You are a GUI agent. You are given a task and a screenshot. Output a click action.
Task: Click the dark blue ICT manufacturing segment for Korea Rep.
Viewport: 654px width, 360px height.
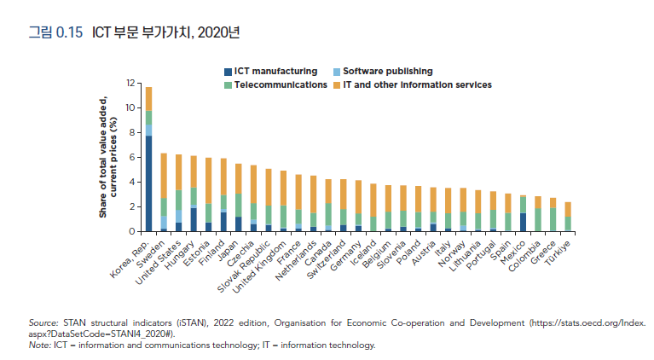148,183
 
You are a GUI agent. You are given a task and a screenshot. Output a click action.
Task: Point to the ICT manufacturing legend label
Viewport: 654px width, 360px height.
275,71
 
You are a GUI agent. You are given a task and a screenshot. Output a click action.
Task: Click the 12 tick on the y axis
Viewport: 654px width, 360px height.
130,83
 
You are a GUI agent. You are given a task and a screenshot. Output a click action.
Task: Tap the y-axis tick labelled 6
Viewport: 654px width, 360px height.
133,157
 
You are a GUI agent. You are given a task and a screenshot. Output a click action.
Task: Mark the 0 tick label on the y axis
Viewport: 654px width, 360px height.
133,231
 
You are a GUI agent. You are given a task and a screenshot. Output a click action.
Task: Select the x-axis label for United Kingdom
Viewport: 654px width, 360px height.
262,264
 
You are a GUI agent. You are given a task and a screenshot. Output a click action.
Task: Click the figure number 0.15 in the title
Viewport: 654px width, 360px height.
68,33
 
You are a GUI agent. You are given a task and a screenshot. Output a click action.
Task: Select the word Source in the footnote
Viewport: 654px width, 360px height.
43,324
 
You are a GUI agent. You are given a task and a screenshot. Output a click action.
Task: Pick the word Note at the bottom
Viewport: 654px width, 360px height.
39,345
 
